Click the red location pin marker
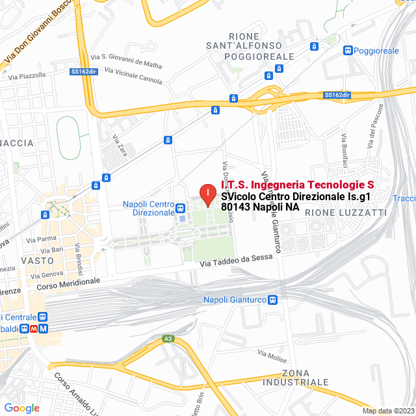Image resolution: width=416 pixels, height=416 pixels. point(207,194)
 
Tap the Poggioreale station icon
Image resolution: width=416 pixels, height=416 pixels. point(348,50)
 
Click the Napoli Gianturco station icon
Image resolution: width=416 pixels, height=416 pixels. point(273,300)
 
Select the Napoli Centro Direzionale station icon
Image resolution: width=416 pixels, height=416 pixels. point(180,209)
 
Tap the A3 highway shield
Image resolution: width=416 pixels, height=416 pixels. point(168,339)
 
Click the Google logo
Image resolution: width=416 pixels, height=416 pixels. point(21,408)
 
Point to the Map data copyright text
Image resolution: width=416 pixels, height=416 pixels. point(388,411)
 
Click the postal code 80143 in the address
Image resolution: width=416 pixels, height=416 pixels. point(236,207)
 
